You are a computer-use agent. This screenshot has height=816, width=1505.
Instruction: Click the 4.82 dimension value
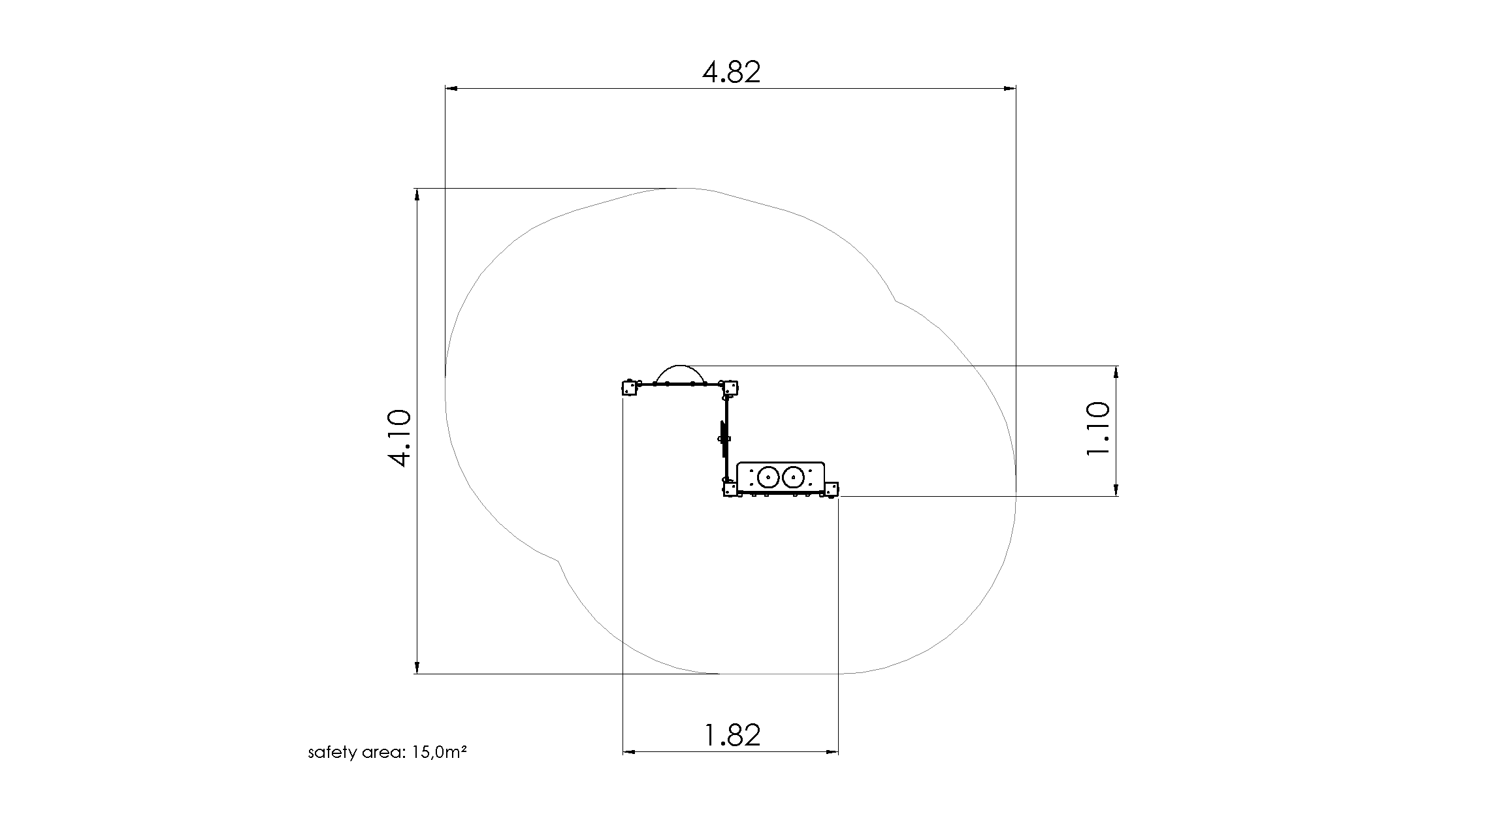pyautogui.click(x=732, y=72)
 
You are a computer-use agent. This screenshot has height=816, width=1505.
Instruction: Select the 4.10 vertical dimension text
pyautogui.click(x=399, y=438)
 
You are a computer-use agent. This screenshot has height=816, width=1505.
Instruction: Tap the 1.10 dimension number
pyautogui.click(x=1097, y=429)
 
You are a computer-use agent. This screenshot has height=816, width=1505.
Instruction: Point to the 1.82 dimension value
pyautogui.click(x=732, y=735)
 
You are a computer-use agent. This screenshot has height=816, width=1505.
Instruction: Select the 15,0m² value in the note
pyautogui.click(x=439, y=753)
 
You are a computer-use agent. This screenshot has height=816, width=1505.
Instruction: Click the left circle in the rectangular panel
pyautogui.click(x=768, y=478)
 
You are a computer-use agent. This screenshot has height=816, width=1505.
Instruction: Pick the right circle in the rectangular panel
pyautogui.click(x=793, y=478)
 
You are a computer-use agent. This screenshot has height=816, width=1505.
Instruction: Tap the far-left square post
pyautogui.click(x=629, y=388)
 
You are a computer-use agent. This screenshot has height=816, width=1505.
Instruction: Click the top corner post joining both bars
pyautogui.click(x=730, y=388)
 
